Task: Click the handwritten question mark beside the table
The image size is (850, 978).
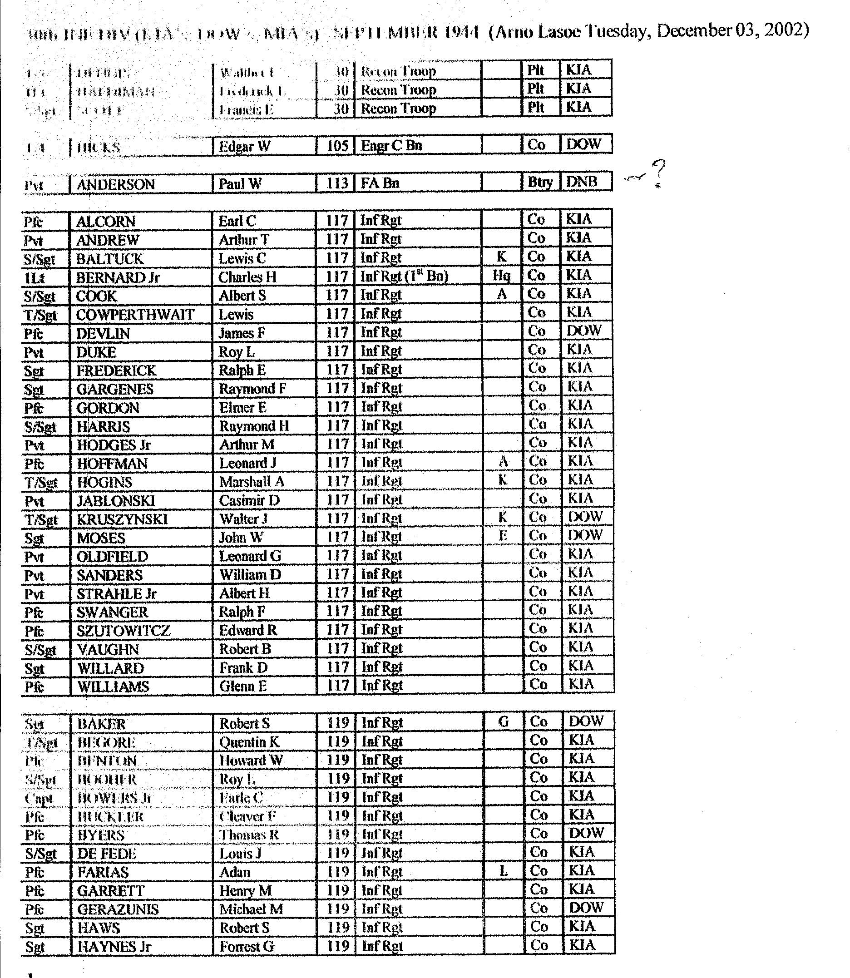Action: pyautogui.click(x=658, y=173)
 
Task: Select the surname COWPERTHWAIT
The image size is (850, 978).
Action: pyautogui.click(x=135, y=315)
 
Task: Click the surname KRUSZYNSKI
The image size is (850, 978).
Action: pyautogui.click(x=123, y=519)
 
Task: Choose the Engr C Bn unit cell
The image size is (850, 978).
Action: pyautogui.click(x=391, y=146)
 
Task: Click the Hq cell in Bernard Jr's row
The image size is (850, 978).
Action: pyautogui.click(x=501, y=276)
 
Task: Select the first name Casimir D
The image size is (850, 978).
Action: pyautogui.click(x=249, y=500)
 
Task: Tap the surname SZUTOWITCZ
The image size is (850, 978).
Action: pyautogui.click(x=124, y=631)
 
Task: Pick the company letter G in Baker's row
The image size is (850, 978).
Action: pyautogui.click(x=503, y=722)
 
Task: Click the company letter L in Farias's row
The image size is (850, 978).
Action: pyautogui.click(x=503, y=871)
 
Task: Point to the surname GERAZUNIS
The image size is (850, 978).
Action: pyautogui.click(x=118, y=909)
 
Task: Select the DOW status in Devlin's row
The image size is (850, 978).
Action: pyautogui.click(x=584, y=331)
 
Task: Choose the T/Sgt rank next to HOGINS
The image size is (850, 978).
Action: pyautogui.click(x=41, y=482)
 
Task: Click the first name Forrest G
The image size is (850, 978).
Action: pyautogui.click(x=247, y=947)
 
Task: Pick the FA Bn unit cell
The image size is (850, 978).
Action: pyautogui.click(x=380, y=183)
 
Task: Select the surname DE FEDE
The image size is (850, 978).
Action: pyautogui.click(x=107, y=854)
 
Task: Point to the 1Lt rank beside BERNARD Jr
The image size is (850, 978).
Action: pyautogui.click(x=34, y=278)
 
